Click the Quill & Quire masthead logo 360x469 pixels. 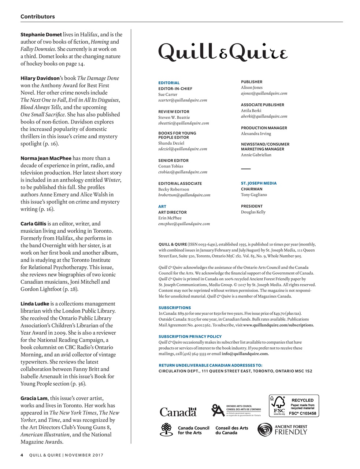click(x=223, y=52)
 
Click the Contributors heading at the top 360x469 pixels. click(x=38, y=16)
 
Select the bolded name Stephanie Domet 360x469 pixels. click(x=41, y=34)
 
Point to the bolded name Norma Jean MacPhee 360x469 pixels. click(x=46, y=158)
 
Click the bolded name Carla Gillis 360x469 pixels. click(x=33, y=224)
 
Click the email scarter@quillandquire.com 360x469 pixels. click(x=182, y=100)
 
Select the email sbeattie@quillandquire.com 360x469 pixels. click(x=183, y=123)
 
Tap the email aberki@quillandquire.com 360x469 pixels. click(x=264, y=116)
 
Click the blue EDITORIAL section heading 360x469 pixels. click(x=169, y=83)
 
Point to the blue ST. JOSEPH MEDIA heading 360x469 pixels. click(x=259, y=183)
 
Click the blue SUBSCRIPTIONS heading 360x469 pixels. click(x=174, y=308)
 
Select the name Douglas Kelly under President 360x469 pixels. click(x=253, y=212)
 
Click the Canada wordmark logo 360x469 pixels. click(x=178, y=412)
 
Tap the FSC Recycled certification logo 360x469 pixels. click(x=294, y=406)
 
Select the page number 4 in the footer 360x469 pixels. click(x=22, y=455)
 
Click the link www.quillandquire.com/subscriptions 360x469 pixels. click(x=278, y=325)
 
